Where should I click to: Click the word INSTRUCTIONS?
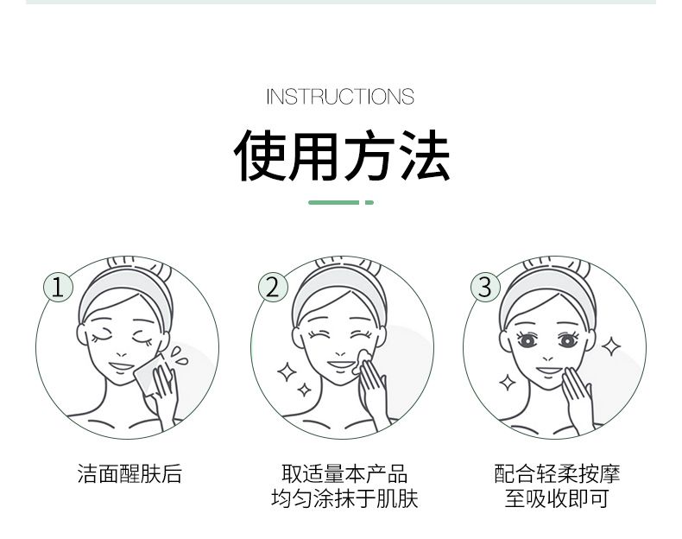click(x=340, y=97)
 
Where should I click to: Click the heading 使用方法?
click(x=342, y=155)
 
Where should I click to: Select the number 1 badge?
click(x=59, y=287)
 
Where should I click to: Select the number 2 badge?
click(x=273, y=287)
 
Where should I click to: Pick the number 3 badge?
click(x=485, y=287)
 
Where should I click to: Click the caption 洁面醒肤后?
click(x=129, y=473)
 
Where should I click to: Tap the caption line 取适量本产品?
click(x=344, y=473)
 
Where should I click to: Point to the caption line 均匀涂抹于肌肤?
click(x=344, y=498)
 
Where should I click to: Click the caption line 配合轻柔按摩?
click(x=557, y=473)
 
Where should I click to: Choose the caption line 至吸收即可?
click(x=557, y=498)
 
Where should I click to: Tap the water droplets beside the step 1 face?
click(x=179, y=355)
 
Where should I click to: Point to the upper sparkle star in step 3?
click(x=611, y=346)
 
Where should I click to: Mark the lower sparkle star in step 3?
click(x=507, y=383)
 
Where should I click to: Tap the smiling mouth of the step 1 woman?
click(x=122, y=366)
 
